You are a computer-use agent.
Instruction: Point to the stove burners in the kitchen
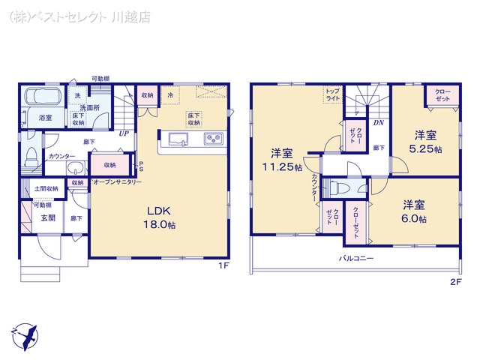[212, 139]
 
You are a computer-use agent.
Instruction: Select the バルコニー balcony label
[356, 258]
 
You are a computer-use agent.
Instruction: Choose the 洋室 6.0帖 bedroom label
[413, 211]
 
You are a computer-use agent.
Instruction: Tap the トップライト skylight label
[331, 94]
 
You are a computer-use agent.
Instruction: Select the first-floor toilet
[30, 155]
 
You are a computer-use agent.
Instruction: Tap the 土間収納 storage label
[46, 188]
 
